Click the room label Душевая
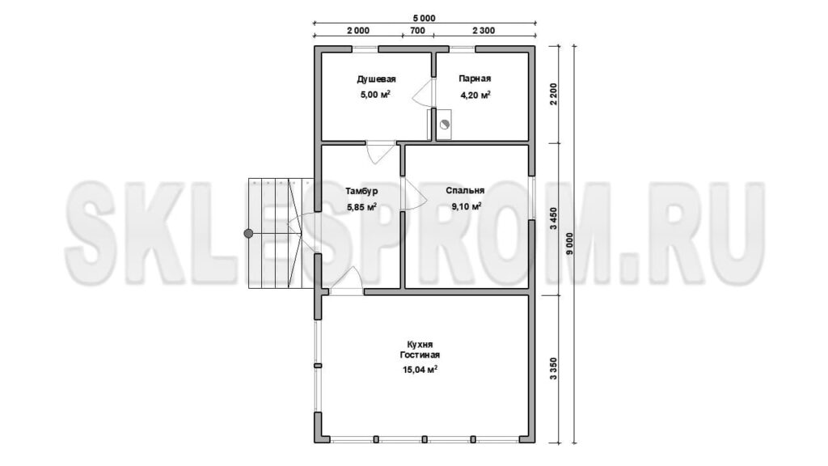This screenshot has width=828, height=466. [377, 79]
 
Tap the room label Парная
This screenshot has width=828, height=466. [475, 78]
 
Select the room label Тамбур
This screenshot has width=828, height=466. [361, 191]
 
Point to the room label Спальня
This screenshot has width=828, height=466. [465, 190]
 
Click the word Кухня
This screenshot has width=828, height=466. [420, 345]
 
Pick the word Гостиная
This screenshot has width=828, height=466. [420, 355]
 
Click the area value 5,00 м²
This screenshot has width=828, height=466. [375, 95]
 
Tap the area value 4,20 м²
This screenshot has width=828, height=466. [475, 95]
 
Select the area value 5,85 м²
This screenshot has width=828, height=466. [361, 207]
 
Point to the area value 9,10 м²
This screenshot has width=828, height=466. [467, 206]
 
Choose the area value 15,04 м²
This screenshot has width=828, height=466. [420, 370]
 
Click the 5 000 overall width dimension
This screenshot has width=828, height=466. [425, 19]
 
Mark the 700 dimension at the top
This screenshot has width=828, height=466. [417, 31]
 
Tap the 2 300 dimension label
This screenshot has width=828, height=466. [484, 31]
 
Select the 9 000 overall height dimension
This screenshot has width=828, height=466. [569, 244]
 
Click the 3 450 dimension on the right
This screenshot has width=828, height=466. [553, 219]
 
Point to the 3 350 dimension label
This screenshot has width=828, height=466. [553, 369]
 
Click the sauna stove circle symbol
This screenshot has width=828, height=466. [444, 125]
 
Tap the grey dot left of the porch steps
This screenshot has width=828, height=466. [248, 233]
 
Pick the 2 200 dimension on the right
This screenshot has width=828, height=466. [553, 95]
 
